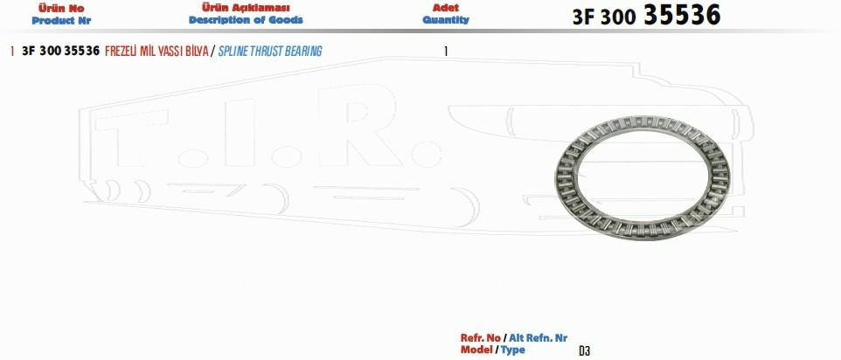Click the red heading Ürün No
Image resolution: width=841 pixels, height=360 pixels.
pyautogui.click(x=61, y=9)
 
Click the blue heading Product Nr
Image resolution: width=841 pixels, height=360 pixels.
pyautogui.click(x=61, y=21)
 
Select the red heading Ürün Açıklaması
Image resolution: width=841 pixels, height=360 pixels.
pyautogui.click(x=246, y=8)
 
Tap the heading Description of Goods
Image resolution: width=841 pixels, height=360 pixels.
pyautogui.click(x=246, y=20)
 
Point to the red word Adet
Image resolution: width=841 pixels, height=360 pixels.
pyautogui.click(x=446, y=8)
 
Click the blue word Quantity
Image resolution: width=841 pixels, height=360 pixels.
pyautogui.click(x=446, y=20)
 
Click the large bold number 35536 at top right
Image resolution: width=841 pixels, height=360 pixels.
pyautogui.click(x=682, y=15)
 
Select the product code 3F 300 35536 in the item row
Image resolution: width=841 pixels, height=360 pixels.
pyautogui.click(x=60, y=52)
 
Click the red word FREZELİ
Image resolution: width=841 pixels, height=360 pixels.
pyautogui.click(x=121, y=52)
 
